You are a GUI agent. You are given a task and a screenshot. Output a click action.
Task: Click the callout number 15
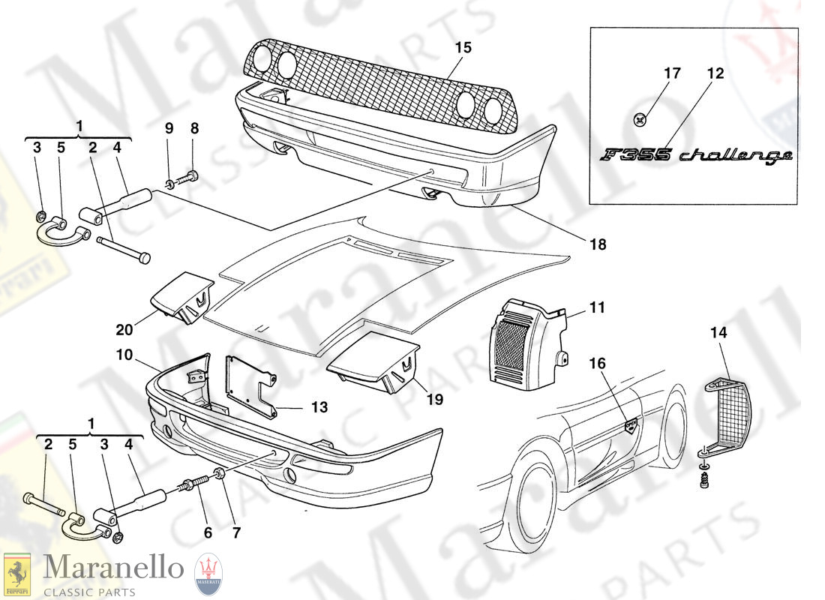pos(463,47)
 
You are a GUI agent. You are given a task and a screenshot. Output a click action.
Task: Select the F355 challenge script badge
pos(695,155)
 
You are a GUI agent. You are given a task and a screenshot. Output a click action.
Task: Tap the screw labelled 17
pos(640,118)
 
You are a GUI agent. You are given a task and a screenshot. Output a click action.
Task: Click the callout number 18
pos(598,244)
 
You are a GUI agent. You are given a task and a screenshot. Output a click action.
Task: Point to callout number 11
pos(597,307)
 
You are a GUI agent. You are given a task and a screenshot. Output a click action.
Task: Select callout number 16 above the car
pos(597,364)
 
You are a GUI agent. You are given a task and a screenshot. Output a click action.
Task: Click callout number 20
pos(124,329)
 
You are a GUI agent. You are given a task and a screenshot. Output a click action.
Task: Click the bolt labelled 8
pos(192,177)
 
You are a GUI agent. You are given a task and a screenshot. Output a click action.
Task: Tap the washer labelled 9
pos(170,182)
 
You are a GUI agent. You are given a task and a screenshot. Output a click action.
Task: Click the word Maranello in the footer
pos(113,568)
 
